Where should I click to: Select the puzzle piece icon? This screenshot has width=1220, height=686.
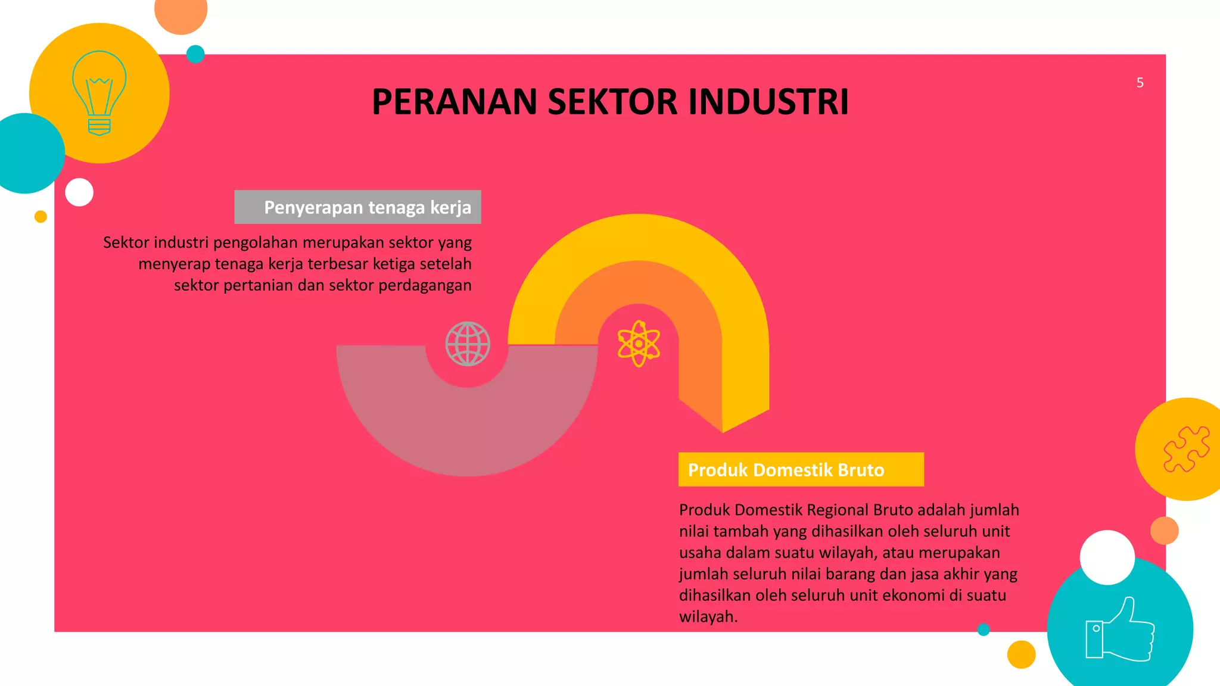coord(1186,449)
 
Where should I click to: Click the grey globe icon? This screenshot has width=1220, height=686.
coord(468,344)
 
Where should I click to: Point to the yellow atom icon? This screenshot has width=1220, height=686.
coord(639,344)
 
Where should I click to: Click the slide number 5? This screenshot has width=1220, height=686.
coord(1140,83)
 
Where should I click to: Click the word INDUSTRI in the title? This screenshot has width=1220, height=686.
coord(768,102)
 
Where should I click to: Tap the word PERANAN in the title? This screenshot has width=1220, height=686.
coord(455,102)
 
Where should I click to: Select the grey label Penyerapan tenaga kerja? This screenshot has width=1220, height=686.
coord(358,207)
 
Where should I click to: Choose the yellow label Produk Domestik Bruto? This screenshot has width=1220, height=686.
coord(801,470)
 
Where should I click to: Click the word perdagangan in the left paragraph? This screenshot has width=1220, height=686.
coord(425,286)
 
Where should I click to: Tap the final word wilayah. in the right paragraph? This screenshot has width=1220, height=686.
coord(708,617)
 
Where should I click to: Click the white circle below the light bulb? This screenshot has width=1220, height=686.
coord(79,192)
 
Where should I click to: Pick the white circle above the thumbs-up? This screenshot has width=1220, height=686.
coord(1107,557)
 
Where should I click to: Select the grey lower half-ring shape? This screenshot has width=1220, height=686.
coord(468,429)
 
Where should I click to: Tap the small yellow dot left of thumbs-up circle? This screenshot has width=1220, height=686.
coord(1021,654)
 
